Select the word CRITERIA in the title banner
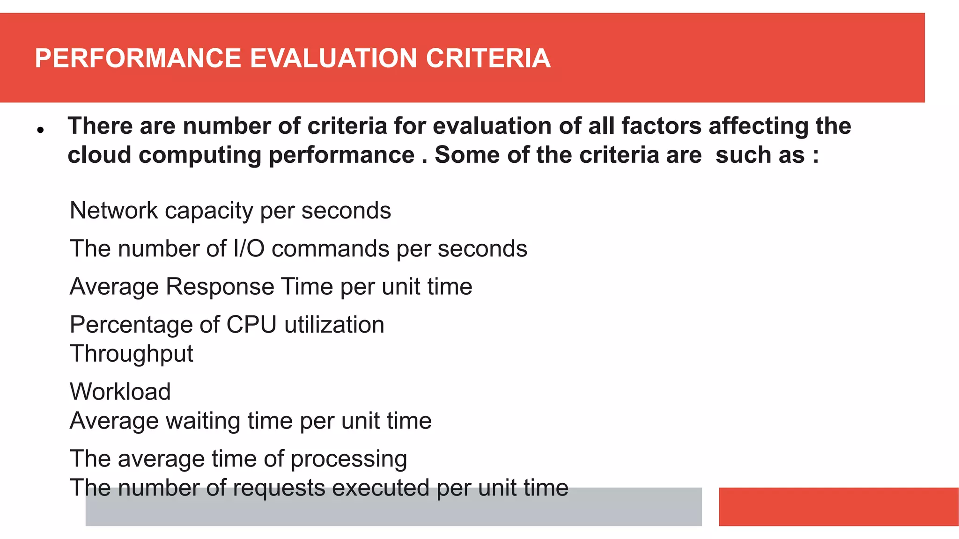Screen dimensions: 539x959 488,58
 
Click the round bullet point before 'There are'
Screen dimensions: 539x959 41,130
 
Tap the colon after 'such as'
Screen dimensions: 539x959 816,156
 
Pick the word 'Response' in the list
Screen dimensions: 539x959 220,286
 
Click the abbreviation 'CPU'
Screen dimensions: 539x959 251,325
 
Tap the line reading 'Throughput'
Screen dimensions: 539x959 132,354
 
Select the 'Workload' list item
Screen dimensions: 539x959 120,392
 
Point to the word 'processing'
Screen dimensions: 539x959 349,459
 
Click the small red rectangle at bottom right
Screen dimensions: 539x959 838,507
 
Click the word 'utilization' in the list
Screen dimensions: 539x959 334,325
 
